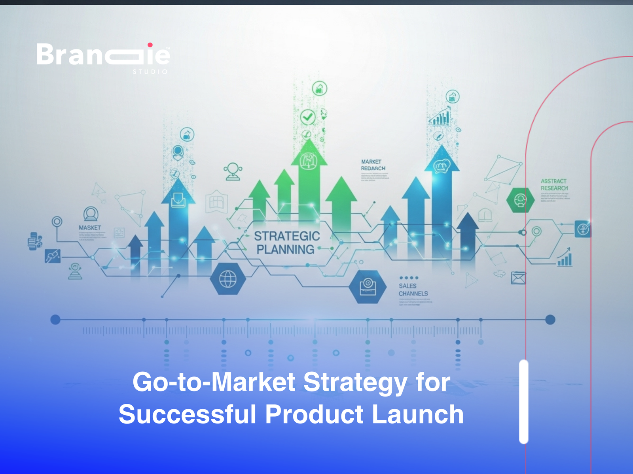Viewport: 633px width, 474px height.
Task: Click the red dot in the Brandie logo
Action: click(150, 45)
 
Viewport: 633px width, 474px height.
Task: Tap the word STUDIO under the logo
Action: click(150, 72)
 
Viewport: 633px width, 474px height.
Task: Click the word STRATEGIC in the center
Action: click(287, 236)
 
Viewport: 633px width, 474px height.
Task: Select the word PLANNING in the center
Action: click(285, 250)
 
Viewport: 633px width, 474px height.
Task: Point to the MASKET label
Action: click(90, 228)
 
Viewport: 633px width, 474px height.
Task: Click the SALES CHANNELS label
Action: click(413, 290)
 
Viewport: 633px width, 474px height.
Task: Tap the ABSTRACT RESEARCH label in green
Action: click(554, 184)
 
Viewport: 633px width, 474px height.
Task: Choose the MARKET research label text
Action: click(372, 165)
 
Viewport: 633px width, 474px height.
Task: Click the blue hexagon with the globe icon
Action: click(227, 279)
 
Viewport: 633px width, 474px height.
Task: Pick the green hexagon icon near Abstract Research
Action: click(520, 200)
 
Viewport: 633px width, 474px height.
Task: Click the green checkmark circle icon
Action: click(307, 117)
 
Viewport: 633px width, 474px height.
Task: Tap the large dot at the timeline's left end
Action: click(55, 320)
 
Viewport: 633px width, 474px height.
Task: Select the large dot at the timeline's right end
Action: click(550, 320)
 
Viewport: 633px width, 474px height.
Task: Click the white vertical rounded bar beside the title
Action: click(524, 401)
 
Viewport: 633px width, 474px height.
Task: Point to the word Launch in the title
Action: click(418, 414)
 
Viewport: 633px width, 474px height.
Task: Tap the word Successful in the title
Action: click(188, 414)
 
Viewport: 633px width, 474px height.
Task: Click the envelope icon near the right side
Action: click(518, 278)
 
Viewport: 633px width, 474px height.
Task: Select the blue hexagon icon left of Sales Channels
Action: click(368, 287)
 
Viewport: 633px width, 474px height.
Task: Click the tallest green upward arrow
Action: click(309, 182)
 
